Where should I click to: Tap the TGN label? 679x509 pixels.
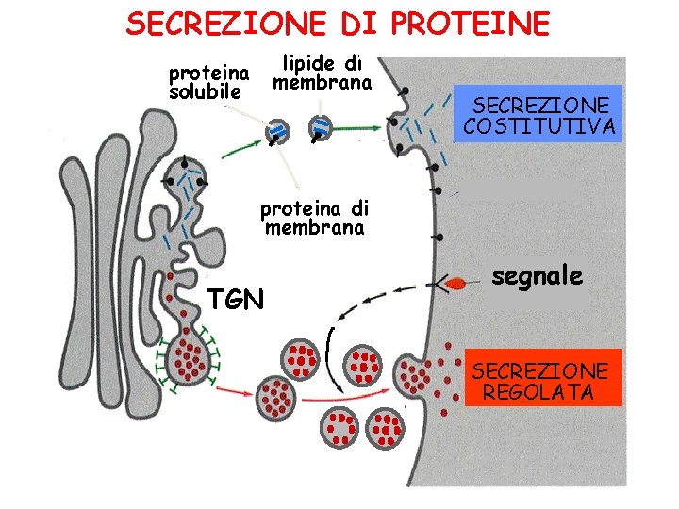coord(237,300)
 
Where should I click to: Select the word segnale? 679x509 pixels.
coord(537,276)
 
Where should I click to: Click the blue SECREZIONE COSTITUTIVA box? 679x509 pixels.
coord(538,114)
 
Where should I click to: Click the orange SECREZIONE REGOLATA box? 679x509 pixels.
coord(543,378)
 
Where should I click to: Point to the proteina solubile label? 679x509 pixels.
coord(207,82)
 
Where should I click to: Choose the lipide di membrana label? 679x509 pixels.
coord(323,73)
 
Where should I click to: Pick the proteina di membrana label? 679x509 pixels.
coord(314,216)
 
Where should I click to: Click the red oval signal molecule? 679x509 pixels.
coord(455,283)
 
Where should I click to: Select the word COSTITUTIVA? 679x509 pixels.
coord(538,126)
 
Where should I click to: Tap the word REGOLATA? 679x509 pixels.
coord(538,391)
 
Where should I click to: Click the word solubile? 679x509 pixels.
coord(206,91)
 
